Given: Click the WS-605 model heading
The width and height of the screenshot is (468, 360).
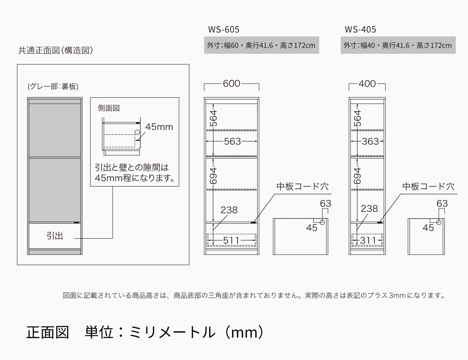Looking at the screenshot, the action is [223, 29].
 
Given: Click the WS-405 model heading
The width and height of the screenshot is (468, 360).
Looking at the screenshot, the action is [360, 29].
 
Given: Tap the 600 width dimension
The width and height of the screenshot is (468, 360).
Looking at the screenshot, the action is [232, 83].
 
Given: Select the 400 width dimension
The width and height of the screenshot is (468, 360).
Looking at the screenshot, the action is [367, 83].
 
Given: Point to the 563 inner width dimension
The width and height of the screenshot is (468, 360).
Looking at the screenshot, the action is [232, 141].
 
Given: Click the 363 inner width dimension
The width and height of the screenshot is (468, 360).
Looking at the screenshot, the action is [370, 141].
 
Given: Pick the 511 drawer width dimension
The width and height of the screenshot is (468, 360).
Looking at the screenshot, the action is [231, 240].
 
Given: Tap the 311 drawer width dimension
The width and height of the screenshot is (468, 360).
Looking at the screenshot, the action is [368, 240].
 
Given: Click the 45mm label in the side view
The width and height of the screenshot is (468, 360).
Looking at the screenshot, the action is [159, 127].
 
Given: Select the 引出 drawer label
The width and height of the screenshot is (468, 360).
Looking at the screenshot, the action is [55, 236].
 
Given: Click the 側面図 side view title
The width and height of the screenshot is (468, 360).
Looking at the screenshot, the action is [109, 108].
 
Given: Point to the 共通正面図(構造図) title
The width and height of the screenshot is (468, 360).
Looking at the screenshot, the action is [55, 50].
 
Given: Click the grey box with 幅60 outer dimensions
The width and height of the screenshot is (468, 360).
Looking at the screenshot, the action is [261, 45].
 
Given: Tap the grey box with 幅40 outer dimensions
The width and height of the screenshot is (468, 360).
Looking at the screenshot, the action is [398, 45].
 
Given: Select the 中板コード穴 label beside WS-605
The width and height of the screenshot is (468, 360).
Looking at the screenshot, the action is [302, 187].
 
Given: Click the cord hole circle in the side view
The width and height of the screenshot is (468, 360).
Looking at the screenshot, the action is [137, 132].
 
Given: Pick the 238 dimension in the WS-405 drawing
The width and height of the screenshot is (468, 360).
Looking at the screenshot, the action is [369, 209].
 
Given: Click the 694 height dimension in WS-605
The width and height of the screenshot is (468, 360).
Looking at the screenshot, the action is [213, 176].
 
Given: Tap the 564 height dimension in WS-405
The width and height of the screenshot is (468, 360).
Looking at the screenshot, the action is [357, 119].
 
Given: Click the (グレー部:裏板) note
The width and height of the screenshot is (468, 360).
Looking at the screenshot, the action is [53, 86].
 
